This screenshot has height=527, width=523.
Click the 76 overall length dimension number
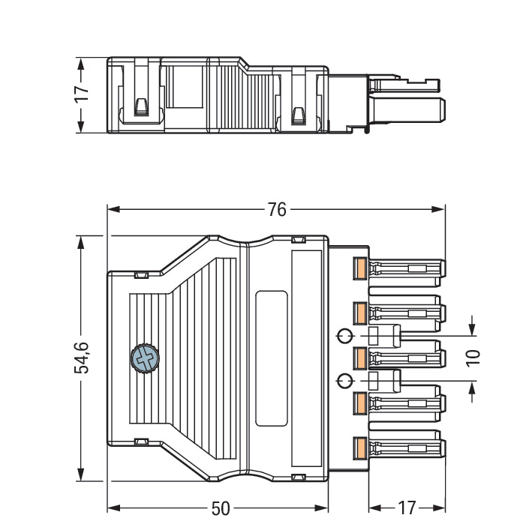(x=277, y=209)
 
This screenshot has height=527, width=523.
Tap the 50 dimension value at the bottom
(x=220, y=508)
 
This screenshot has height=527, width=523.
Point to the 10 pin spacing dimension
(x=472, y=357)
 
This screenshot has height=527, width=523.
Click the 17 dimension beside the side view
(x=82, y=94)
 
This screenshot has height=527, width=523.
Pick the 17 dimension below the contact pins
(x=406, y=508)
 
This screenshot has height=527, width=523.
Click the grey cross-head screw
(x=146, y=358)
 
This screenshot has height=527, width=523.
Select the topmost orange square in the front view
(x=359, y=268)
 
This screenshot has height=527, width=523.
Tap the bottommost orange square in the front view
(x=359, y=449)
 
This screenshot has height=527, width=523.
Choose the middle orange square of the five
(x=359, y=358)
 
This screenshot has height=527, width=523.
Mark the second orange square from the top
(x=359, y=311)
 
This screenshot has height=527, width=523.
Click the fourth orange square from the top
(x=359, y=403)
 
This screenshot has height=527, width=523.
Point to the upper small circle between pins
(x=344, y=335)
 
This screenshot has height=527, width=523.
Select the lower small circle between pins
(x=344, y=380)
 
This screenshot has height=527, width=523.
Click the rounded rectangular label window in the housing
(x=271, y=358)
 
